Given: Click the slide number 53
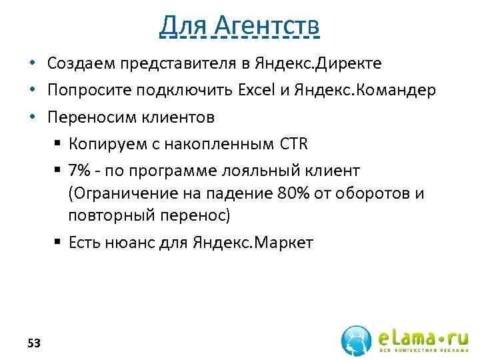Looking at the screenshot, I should point(34,343).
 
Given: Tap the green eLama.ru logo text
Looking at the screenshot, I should point(421,334).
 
